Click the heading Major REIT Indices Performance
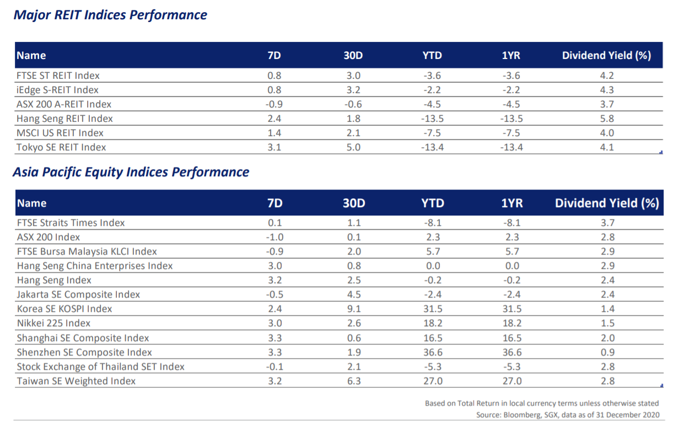click(110, 15)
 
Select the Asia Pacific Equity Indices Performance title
click(131, 172)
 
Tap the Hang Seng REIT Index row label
click(64, 118)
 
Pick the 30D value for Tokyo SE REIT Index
click(353, 147)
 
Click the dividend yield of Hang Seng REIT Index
click(607, 118)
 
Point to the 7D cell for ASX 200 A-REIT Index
click(274, 104)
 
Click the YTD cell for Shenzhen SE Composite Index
click(432, 352)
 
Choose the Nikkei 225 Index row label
click(53, 323)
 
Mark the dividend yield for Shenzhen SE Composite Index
click(607, 352)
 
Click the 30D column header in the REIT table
click(353, 55)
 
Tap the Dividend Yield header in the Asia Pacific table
click(607, 203)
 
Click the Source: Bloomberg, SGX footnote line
click(568, 414)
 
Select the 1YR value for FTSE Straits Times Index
click(511, 223)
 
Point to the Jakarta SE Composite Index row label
click(78, 294)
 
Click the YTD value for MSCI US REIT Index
click(432, 133)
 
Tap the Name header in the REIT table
click(31, 55)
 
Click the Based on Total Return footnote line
click(542, 403)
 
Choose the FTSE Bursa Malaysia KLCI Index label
click(87, 251)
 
